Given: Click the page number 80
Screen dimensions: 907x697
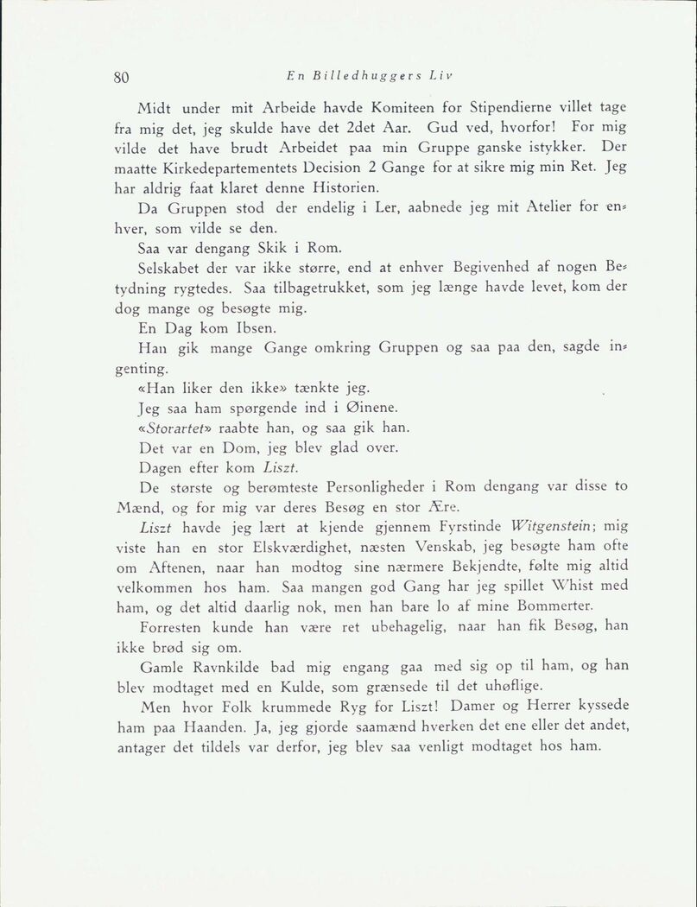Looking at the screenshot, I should pos(121,76).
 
